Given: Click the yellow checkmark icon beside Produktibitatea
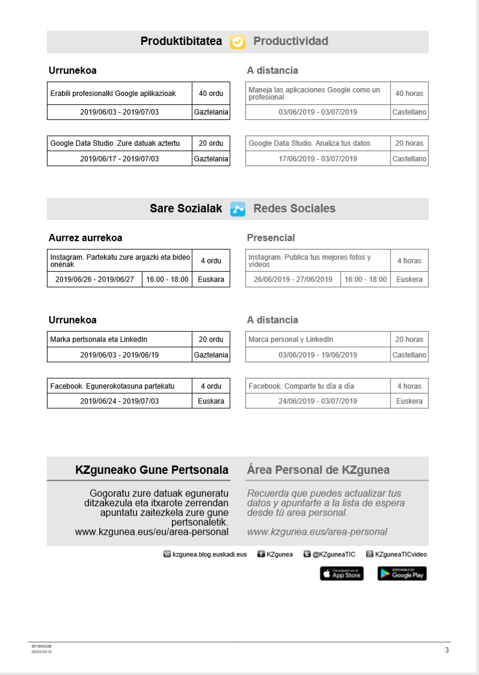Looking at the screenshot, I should pos(238,41).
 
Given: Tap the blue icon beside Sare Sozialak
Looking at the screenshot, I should pos(238,209).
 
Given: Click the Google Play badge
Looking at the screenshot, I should pos(402,574).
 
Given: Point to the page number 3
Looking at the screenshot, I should pos(447,650).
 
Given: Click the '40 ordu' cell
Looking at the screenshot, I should pos(211,94).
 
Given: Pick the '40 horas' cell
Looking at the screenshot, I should pos(409,94).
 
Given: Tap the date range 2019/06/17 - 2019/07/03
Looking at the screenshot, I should pos(120,159).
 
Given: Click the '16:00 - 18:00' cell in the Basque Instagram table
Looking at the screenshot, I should pos(167,280).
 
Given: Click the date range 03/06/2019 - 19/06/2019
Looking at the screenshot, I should pos(318,355).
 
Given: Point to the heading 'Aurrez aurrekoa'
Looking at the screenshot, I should pos(85,238).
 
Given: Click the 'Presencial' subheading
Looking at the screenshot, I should pos(271,238).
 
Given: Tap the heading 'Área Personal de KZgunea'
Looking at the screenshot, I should pos(318,470).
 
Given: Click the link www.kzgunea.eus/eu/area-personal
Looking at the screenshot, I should pos(151,532).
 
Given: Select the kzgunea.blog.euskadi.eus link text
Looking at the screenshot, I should pos(209,554).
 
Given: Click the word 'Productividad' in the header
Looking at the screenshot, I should pos(291,41).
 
